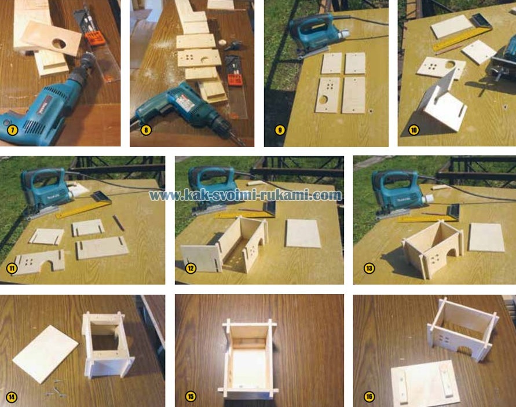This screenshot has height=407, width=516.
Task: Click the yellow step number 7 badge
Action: pos(13,130)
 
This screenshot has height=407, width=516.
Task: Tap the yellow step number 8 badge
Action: pos(146,130)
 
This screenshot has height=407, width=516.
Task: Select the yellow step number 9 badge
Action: pos(280,130)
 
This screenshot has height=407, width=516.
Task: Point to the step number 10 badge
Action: pos(413,130)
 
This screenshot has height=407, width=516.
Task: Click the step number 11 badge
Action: pos(12,269)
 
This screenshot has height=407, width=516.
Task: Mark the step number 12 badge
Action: pos(191,269)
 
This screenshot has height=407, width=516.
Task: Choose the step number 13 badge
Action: pos(369,269)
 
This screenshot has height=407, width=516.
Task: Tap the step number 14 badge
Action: pos(11,397)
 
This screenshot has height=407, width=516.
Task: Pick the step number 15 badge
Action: pos(191,397)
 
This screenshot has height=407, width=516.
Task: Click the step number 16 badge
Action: pos(369,397)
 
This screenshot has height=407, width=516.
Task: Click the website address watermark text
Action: pos(245,195)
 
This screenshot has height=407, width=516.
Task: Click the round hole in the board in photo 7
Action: pos(59,43)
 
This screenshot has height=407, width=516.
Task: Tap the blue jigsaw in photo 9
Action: pos(315,33)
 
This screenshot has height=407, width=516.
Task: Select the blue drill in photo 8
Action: pos(184,109)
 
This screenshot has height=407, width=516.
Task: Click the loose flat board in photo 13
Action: pos(486,237)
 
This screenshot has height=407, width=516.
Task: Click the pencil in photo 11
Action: pos(119,223)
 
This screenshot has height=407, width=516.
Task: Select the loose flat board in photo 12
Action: pos(303,233)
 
